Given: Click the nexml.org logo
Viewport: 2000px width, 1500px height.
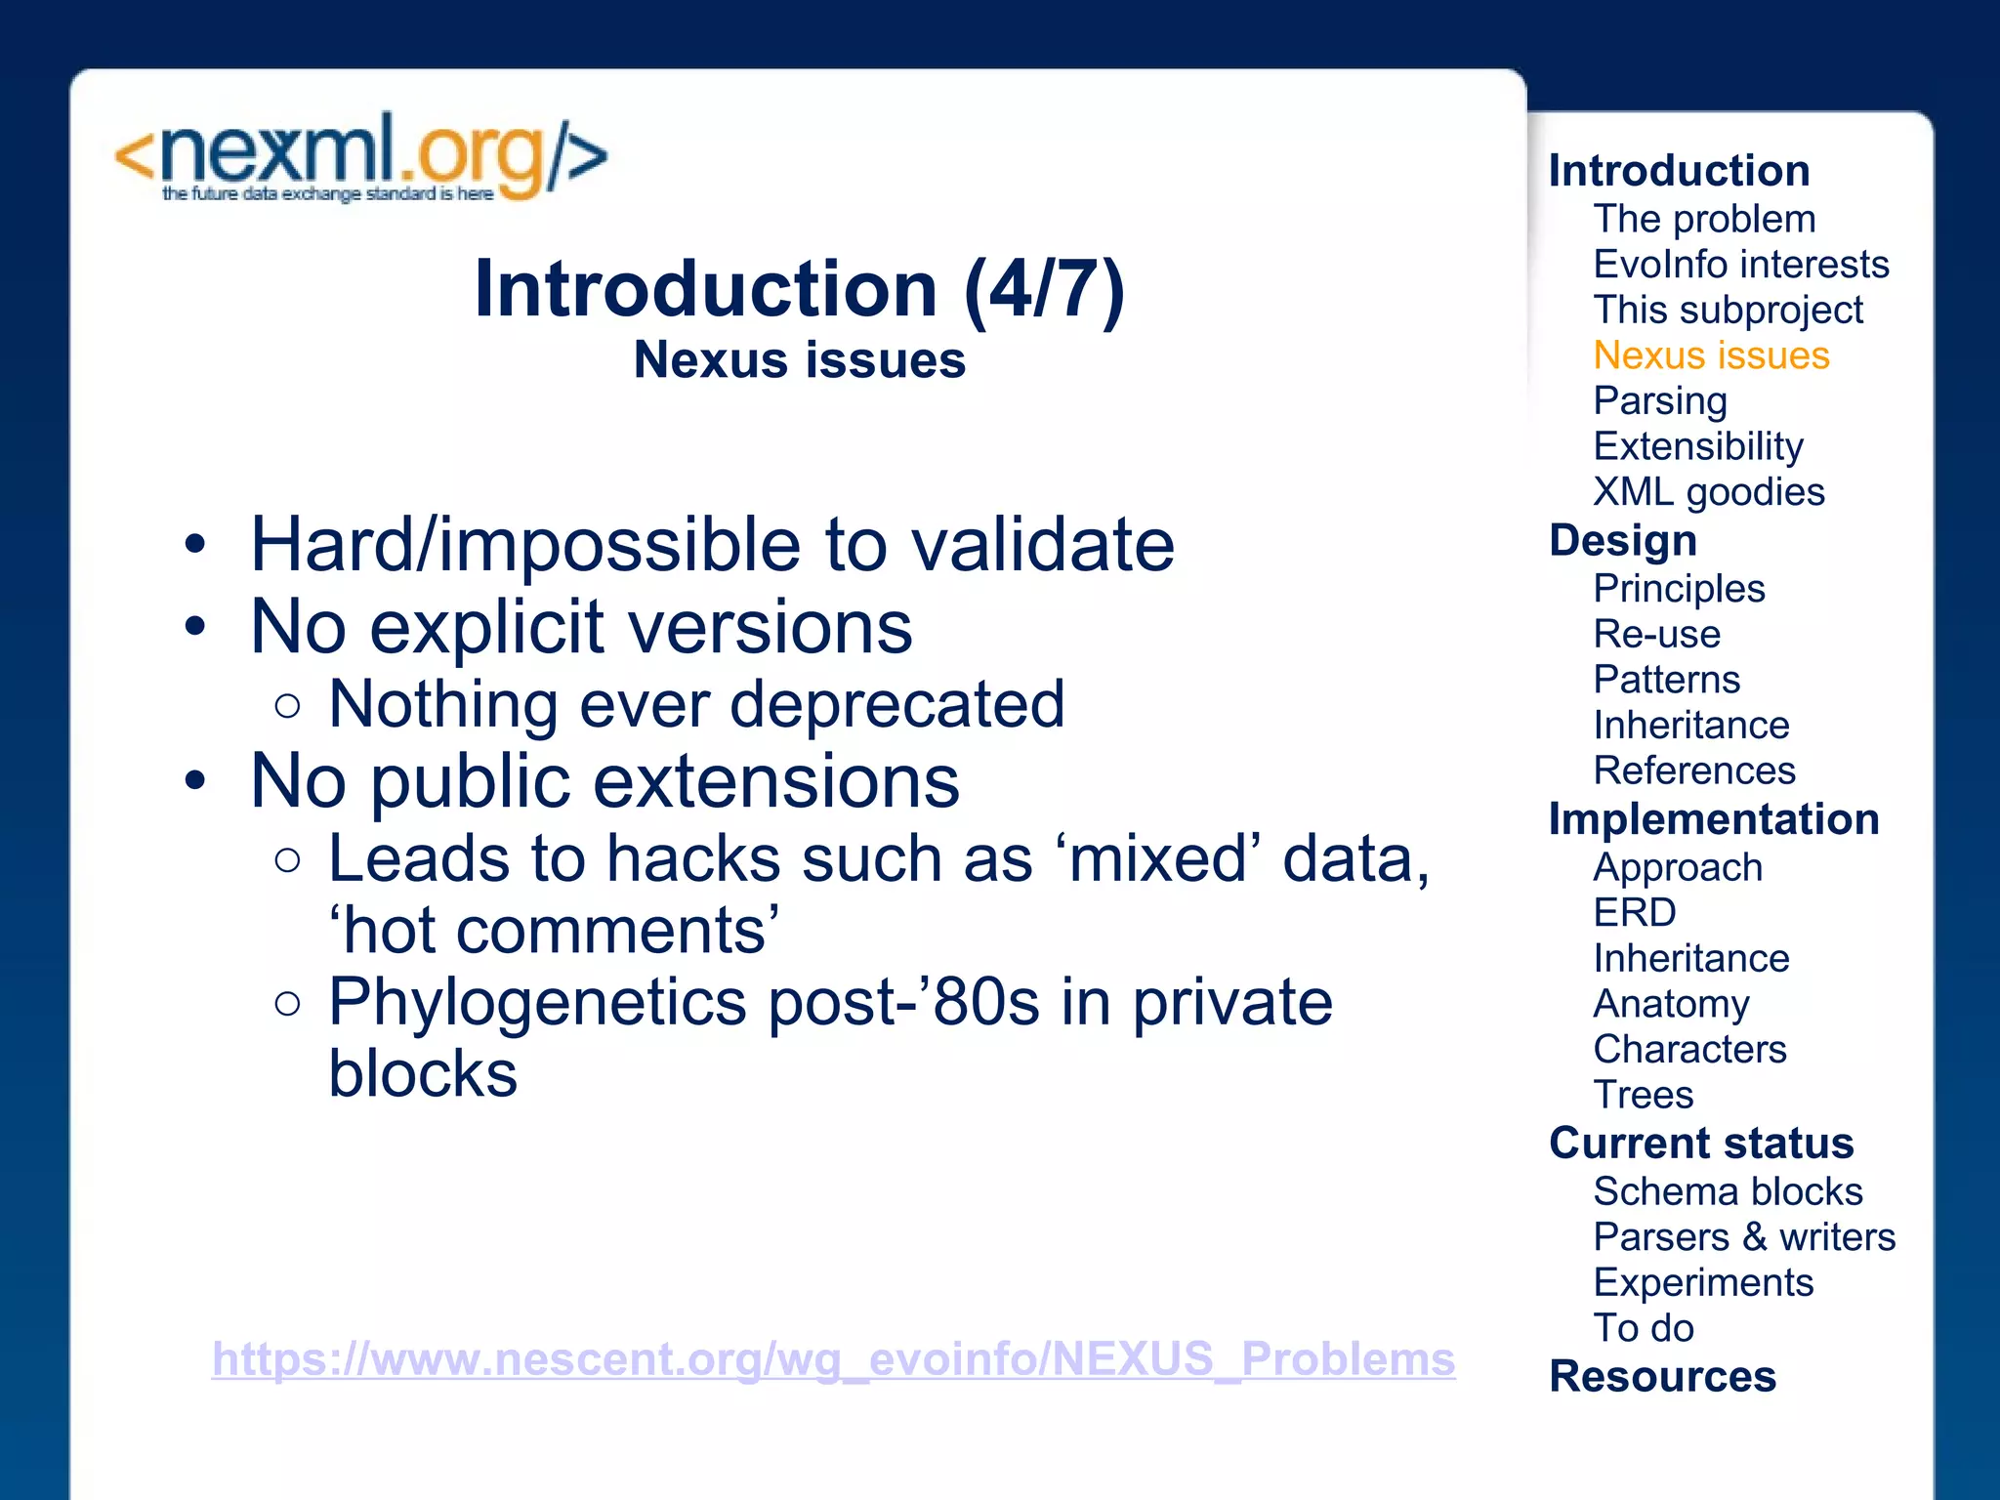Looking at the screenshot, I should pyautogui.click(x=360, y=157).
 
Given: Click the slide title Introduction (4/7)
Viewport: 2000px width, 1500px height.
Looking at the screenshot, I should pyautogui.click(x=799, y=289).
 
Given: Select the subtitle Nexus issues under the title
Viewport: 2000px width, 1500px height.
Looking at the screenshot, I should pyautogui.click(x=799, y=360).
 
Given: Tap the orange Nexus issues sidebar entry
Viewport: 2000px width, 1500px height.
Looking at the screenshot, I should pyautogui.click(x=1711, y=355).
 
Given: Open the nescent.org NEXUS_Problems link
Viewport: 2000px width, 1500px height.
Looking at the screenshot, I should pyautogui.click(x=833, y=1358).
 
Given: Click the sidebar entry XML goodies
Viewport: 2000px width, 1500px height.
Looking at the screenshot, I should pyautogui.click(x=1708, y=492).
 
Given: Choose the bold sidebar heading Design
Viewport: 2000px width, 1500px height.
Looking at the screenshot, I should pyautogui.click(x=1623, y=540).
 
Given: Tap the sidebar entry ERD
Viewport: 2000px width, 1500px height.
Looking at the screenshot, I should pyautogui.click(x=1635, y=913).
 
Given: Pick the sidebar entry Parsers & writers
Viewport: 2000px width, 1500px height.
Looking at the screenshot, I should pyautogui.click(x=1744, y=1237).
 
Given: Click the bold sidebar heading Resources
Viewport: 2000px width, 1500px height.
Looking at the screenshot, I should pyautogui.click(x=1662, y=1377).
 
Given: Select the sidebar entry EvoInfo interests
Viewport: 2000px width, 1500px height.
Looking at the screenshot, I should pyautogui.click(x=1740, y=265).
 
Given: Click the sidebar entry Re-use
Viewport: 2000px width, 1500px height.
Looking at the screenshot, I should pyautogui.click(x=1656, y=635).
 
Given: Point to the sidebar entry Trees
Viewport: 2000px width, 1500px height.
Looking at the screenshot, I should pyautogui.click(x=1643, y=1095).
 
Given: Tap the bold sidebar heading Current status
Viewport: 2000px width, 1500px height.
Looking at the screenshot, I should pyautogui.click(x=1701, y=1144).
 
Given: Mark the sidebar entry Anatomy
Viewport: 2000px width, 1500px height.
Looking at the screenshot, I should pyautogui.click(x=1671, y=1004).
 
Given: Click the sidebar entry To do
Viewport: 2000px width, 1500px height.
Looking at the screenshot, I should pyautogui.click(x=1643, y=1328).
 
